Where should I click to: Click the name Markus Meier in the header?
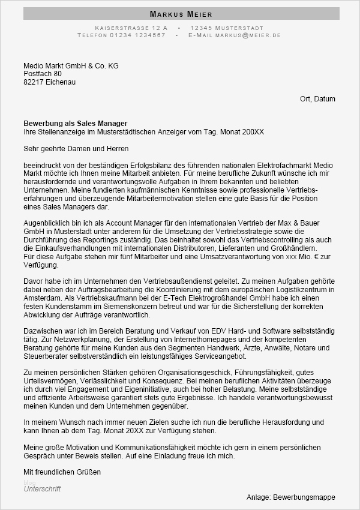click(x=181, y=14)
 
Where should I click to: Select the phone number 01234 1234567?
click(x=137, y=35)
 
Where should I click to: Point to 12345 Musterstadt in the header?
click(x=227, y=28)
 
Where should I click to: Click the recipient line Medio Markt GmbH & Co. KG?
click(x=71, y=65)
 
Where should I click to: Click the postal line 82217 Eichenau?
click(x=50, y=82)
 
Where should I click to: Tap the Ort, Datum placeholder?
click(x=317, y=99)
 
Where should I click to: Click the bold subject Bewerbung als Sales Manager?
click(x=76, y=124)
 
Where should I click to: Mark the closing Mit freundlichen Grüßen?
click(x=62, y=472)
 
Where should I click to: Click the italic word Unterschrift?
click(x=42, y=489)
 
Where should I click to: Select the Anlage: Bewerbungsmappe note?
click(x=291, y=497)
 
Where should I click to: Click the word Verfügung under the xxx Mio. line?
click(x=40, y=264)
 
